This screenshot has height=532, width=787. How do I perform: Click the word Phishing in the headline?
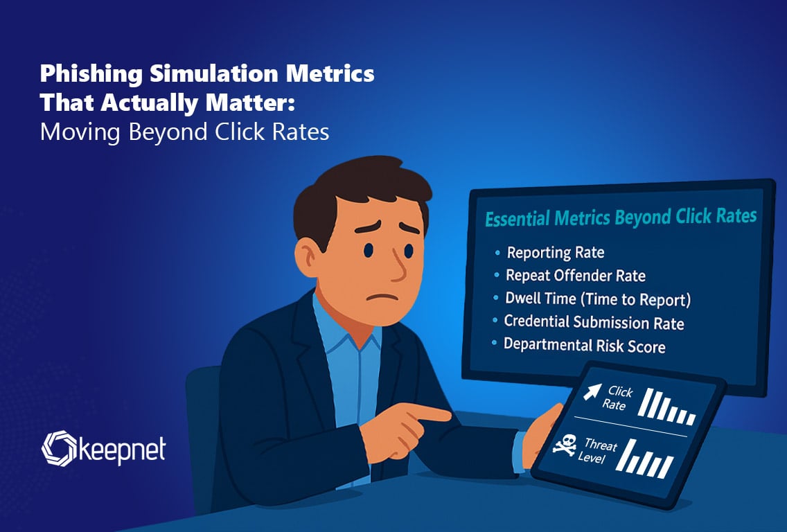point(91,73)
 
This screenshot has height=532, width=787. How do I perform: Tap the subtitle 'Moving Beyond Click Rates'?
point(185,132)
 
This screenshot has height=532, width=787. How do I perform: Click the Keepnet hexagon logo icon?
point(59,448)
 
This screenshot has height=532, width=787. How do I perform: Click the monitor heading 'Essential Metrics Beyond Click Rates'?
point(621,218)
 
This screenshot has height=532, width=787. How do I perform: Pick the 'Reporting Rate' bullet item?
point(556,252)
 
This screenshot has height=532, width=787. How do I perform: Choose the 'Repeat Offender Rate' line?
point(575,276)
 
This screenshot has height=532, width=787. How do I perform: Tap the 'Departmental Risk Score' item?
point(584,345)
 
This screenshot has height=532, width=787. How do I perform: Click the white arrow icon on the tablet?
point(592,391)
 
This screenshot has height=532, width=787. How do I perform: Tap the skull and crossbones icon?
point(565,445)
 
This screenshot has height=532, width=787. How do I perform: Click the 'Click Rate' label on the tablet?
point(618,398)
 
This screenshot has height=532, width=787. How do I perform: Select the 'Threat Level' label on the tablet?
point(598,451)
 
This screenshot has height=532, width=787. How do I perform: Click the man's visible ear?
point(307,257)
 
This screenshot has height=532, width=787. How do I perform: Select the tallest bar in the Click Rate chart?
point(644,402)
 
